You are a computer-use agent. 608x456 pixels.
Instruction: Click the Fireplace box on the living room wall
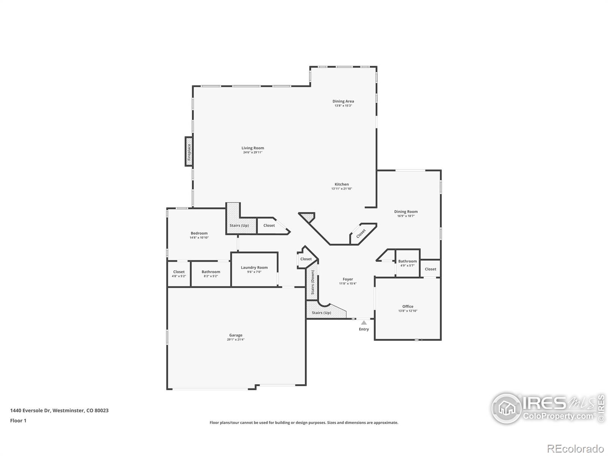pyautogui.click(x=188, y=152)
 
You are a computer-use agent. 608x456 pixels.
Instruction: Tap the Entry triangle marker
pyautogui.click(x=364, y=323)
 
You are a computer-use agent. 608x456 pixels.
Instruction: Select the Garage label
pyautogui.click(x=236, y=335)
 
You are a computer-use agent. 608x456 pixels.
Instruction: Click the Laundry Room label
pyautogui.click(x=254, y=268)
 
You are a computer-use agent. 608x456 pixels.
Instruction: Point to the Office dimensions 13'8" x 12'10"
pyautogui.click(x=408, y=311)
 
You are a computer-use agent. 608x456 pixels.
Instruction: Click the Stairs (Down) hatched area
pyautogui.click(x=312, y=282)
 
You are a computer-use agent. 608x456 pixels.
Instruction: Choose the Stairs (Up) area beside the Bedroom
pyautogui.click(x=239, y=225)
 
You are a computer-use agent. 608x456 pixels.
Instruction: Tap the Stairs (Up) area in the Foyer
pyautogui.click(x=321, y=312)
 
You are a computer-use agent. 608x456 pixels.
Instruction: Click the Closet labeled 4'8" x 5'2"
pyautogui.click(x=179, y=274)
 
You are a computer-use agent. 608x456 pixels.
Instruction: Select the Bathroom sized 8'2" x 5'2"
pyautogui.click(x=211, y=274)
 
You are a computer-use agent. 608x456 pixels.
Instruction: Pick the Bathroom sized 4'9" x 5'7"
pyautogui.click(x=407, y=263)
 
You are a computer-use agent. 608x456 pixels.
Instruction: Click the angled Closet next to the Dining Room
pyautogui.click(x=361, y=233)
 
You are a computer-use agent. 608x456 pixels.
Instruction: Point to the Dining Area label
pyautogui.click(x=343, y=101)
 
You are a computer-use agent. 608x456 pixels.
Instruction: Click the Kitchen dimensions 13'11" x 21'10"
pyautogui.click(x=342, y=189)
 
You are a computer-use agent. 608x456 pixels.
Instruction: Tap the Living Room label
pyautogui.click(x=253, y=148)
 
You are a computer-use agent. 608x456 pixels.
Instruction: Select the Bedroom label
pyautogui.click(x=199, y=233)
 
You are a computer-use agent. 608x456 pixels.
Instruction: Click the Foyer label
pyautogui.click(x=348, y=279)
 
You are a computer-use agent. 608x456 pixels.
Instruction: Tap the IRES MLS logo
pyautogui.click(x=547, y=408)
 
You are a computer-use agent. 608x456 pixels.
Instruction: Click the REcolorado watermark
pyautogui.click(x=576, y=449)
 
